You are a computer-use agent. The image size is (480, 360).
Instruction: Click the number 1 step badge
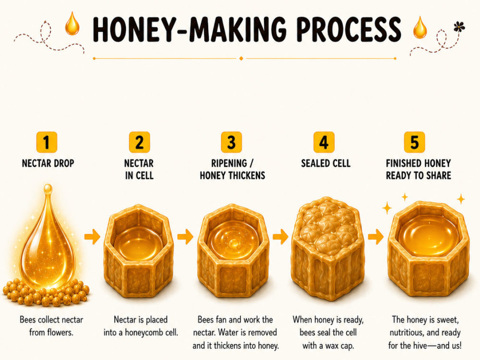[47, 142]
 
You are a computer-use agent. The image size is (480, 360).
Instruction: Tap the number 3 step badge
[231, 142]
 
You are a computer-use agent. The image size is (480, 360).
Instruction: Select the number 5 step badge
[415, 142]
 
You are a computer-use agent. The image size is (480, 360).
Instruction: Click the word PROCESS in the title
[348, 29]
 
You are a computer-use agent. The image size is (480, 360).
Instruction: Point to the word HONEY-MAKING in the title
[190, 29]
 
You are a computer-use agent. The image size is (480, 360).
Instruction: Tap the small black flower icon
[459, 27]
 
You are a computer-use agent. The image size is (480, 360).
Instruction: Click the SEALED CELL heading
[326, 163]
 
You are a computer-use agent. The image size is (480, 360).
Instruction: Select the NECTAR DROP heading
[48, 163]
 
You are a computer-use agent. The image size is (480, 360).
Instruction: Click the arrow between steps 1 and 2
[92, 237]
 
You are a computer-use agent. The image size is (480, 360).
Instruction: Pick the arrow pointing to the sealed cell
[280, 237]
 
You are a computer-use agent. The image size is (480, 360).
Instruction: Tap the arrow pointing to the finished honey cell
[376, 237]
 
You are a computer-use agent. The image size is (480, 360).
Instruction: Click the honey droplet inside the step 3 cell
[234, 243]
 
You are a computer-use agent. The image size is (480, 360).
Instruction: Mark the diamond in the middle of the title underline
[241, 58]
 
